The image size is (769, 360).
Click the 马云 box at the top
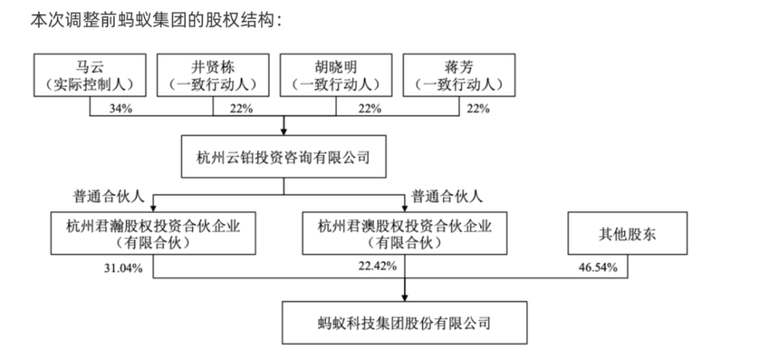90,75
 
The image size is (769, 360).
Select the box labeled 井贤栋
213,75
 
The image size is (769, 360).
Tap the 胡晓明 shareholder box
336,75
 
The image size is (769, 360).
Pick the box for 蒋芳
459,75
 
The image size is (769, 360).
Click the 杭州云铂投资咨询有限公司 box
284,156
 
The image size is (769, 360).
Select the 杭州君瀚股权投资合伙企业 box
153,233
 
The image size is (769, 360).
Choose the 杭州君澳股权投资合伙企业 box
404,233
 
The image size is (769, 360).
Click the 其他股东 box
628,233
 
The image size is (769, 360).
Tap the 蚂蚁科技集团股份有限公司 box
404,323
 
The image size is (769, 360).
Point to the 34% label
121,109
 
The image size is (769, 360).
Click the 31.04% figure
123,268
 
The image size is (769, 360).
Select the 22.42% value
377,266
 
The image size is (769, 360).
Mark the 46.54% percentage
598,268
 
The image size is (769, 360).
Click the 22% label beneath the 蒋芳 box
478,109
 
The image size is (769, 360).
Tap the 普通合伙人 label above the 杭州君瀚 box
109,197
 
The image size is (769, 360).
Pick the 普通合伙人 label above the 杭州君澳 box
447,197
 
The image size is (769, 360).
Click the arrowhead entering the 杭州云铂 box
284,132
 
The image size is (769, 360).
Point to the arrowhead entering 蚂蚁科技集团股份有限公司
404,297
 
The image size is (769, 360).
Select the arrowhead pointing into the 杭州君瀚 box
153,208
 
